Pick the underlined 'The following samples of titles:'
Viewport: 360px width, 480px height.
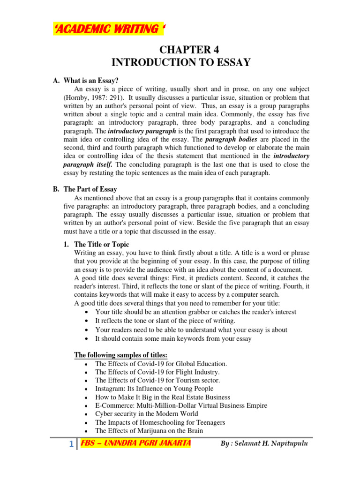coord(121,354)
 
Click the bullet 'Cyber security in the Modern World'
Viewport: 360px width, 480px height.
coord(146,414)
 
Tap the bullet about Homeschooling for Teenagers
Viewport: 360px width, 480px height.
coord(160,422)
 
